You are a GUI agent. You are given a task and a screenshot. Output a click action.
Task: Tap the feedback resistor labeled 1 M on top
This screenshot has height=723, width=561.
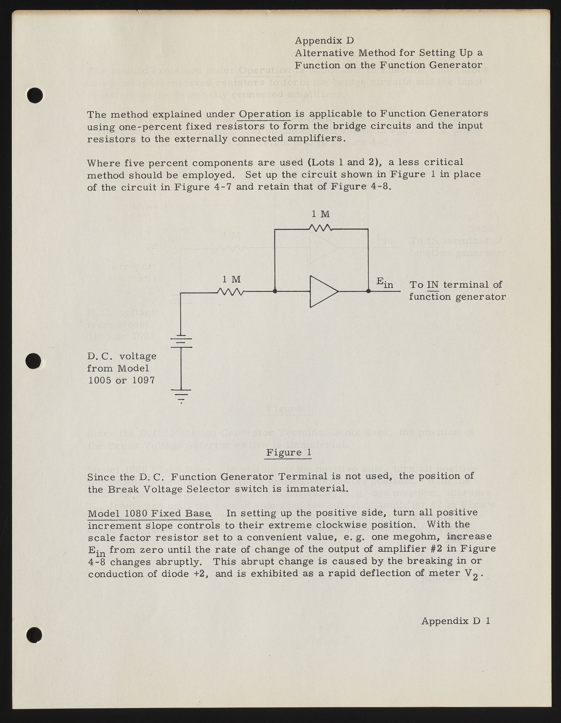(x=321, y=228)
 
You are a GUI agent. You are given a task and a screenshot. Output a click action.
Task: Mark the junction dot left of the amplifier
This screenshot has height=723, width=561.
(x=275, y=291)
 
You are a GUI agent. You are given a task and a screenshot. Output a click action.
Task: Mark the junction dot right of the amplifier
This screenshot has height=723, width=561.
(x=368, y=291)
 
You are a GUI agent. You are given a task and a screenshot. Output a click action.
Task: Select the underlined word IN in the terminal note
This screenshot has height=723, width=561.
(x=433, y=285)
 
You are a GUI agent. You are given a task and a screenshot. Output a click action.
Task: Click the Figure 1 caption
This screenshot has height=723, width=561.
(x=288, y=453)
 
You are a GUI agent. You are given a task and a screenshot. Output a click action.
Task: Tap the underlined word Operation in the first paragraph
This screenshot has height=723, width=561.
(x=265, y=114)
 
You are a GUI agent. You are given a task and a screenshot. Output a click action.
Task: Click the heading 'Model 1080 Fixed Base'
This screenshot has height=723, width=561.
(x=150, y=513)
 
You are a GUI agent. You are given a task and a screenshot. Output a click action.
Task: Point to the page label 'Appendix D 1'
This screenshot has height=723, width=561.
(x=455, y=621)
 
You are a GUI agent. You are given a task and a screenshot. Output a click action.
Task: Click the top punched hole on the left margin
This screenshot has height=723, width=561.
(x=35, y=95)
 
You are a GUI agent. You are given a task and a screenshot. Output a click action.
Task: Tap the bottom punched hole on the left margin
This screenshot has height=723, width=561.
(x=35, y=634)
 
